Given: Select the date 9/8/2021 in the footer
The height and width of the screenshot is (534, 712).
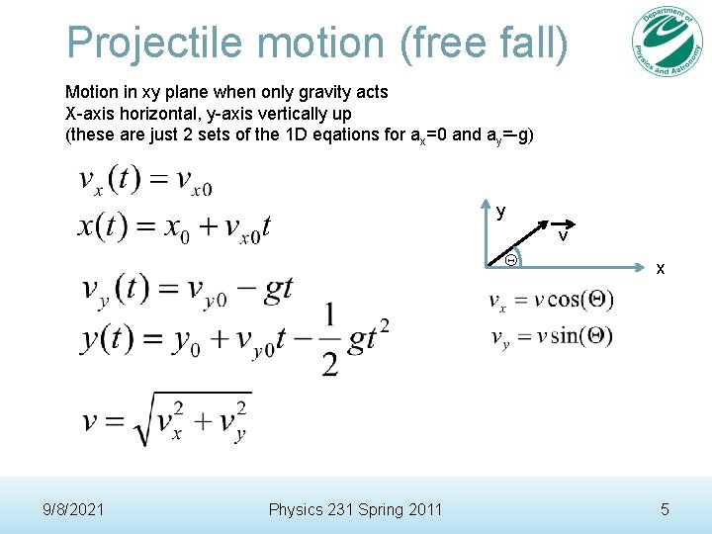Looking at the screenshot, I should coord(76,509).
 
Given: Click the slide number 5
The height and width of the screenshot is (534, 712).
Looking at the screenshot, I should coord(665,509).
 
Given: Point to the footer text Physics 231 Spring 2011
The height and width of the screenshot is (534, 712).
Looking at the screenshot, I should coord(356,509).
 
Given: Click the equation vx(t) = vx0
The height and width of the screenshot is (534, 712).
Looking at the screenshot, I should coord(145,181).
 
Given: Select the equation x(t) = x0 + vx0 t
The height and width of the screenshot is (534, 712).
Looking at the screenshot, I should coord(174,226).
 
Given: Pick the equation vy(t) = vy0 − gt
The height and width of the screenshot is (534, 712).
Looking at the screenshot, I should coord(187,289).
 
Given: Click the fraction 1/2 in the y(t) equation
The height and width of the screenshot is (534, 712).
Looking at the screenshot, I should coord(329,339).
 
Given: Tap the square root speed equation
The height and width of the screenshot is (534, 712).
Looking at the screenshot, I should coord(166,418).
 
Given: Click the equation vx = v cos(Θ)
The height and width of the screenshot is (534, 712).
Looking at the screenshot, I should coord(551,301).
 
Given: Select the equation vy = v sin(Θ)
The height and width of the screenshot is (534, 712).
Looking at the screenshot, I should coord(551,336).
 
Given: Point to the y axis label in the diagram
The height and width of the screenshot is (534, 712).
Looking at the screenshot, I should coord(501,211).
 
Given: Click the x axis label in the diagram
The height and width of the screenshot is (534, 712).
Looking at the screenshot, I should coord(662,268).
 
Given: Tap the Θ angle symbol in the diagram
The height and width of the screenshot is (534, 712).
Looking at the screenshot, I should coord(510,260).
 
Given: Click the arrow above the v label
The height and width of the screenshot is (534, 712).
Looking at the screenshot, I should coord(560,223).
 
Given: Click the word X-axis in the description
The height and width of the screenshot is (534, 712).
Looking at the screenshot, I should coord(89,114).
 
